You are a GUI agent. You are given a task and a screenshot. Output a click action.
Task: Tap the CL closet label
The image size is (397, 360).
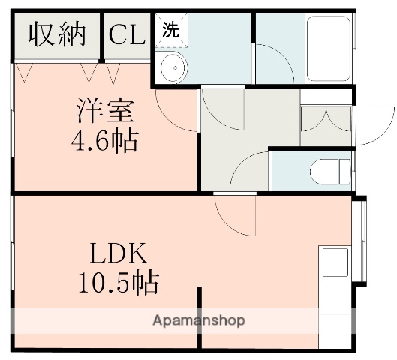[x=128, y=34]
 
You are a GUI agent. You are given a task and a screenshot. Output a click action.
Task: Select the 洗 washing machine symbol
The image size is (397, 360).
[x=172, y=31]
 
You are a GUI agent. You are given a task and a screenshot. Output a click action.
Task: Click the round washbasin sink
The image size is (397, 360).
[x=173, y=68]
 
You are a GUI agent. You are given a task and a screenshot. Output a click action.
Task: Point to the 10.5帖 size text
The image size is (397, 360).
[x=118, y=282]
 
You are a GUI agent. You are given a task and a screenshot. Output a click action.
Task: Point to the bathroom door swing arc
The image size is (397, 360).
[x=275, y=64]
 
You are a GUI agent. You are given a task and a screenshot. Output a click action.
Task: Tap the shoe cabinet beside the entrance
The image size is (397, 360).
[x=326, y=120]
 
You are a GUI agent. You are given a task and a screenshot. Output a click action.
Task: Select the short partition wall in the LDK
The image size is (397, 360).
[x=199, y=316]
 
